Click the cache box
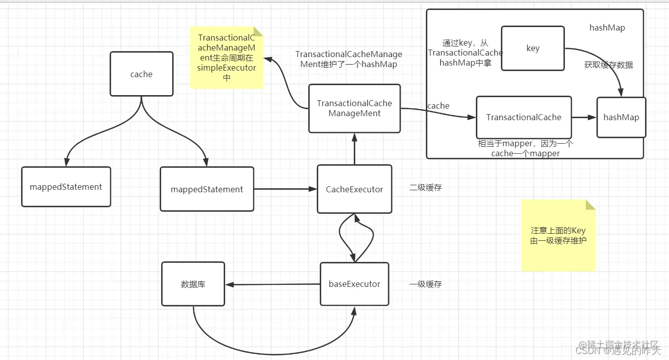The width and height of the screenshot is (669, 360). (x=142, y=74)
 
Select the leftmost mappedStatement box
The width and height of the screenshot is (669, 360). (x=66, y=187)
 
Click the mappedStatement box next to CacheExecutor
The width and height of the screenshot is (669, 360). (x=207, y=189)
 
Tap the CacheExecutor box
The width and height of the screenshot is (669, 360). (x=354, y=189)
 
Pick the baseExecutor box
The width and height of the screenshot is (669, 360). (x=354, y=284)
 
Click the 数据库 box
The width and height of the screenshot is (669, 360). (x=193, y=284)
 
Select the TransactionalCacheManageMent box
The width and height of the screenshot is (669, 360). (x=354, y=108)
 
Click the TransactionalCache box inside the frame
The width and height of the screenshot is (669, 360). (x=523, y=117)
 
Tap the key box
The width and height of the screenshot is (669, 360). (x=532, y=49)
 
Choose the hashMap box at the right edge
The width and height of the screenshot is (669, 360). (x=621, y=117)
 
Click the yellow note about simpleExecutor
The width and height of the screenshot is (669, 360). (x=227, y=58)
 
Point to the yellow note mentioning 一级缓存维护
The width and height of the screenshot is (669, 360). (x=558, y=235)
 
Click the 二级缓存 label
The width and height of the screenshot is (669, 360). (x=425, y=188)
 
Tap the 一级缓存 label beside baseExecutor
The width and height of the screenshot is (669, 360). (x=425, y=284)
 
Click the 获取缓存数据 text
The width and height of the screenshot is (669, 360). (x=608, y=65)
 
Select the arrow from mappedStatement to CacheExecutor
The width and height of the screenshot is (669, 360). (x=285, y=189)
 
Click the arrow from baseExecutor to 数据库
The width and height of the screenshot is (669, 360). (x=273, y=284)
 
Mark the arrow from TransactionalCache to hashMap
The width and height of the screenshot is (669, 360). (x=584, y=117)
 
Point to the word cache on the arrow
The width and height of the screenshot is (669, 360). (x=438, y=106)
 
